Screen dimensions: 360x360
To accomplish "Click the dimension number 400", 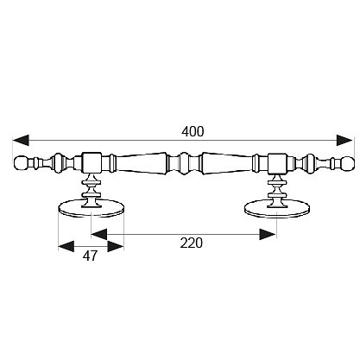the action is click(x=193, y=131).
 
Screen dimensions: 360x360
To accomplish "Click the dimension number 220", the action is click(x=192, y=243).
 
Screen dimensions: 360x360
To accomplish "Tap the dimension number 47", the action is click(x=90, y=256).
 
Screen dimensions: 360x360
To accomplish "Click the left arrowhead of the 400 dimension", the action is click(x=21, y=140).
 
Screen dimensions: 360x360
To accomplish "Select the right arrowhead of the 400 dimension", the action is click(x=344, y=140).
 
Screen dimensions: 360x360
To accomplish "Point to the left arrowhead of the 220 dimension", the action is click(x=99, y=234).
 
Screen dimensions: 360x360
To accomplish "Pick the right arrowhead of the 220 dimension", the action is click(x=268, y=234).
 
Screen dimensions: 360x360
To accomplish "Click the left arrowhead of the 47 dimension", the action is click(x=66, y=246).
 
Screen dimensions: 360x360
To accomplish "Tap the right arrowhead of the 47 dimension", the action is click(x=116, y=246).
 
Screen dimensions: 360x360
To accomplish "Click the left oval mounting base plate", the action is click(x=91, y=208).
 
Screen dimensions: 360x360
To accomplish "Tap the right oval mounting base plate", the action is click(x=277, y=208).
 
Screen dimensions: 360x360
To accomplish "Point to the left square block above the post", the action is click(x=92, y=163).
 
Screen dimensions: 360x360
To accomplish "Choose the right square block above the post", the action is click(x=277, y=163).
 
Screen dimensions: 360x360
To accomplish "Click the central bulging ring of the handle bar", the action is click(x=184, y=163).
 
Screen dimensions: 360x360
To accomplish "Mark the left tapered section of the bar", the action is click(x=142, y=163).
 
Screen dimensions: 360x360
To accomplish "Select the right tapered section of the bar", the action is click(x=227, y=163).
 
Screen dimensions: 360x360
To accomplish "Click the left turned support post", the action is click(x=92, y=191).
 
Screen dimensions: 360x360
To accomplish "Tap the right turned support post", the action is click(x=277, y=191).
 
